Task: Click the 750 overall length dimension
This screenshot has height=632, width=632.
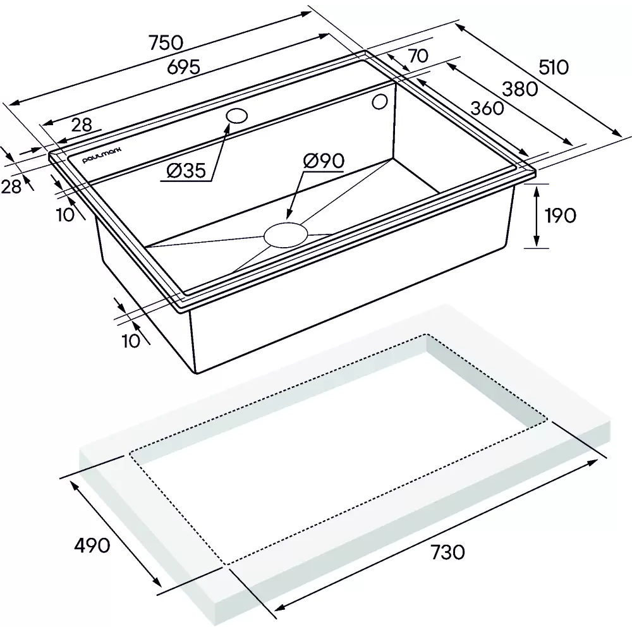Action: pyautogui.click(x=166, y=43)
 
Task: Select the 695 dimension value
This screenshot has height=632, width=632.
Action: pyautogui.click(x=183, y=67)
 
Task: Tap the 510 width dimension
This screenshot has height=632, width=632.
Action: pyautogui.click(x=554, y=68)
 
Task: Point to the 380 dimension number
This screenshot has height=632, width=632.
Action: pyautogui.click(x=520, y=89)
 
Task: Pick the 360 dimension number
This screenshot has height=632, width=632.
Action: pyautogui.click(x=487, y=108)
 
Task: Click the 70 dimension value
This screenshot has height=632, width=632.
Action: pyautogui.click(x=418, y=56)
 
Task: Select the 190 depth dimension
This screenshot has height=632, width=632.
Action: pyautogui.click(x=560, y=216)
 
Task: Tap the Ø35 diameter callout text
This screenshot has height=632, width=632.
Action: pyautogui.click(x=186, y=171)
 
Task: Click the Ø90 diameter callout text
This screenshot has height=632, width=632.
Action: pyautogui.click(x=324, y=161)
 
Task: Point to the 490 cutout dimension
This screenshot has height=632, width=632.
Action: pyautogui.click(x=92, y=545)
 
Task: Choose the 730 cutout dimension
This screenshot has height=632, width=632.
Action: pyautogui.click(x=448, y=552)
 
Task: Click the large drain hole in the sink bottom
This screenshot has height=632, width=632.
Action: pyautogui.click(x=286, y=234)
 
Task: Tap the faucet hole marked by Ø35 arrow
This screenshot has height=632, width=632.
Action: pyautogui.click(x=236, y=116)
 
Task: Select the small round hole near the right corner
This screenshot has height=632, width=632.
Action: pyautogui.click(x=379, y=102)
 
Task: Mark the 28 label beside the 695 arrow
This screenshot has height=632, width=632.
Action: pyautogui.click(x=82, y=125)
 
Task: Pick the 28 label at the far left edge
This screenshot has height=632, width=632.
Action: pyautogui.click(x=11, y=186)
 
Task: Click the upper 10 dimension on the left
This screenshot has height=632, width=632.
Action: pyautogui.click(x=65, y=215)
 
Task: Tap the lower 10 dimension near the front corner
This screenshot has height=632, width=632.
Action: pyautogui.click(x=131, y=341)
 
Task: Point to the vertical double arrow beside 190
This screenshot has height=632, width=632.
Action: pyautogui.click(x=536, y=216)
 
